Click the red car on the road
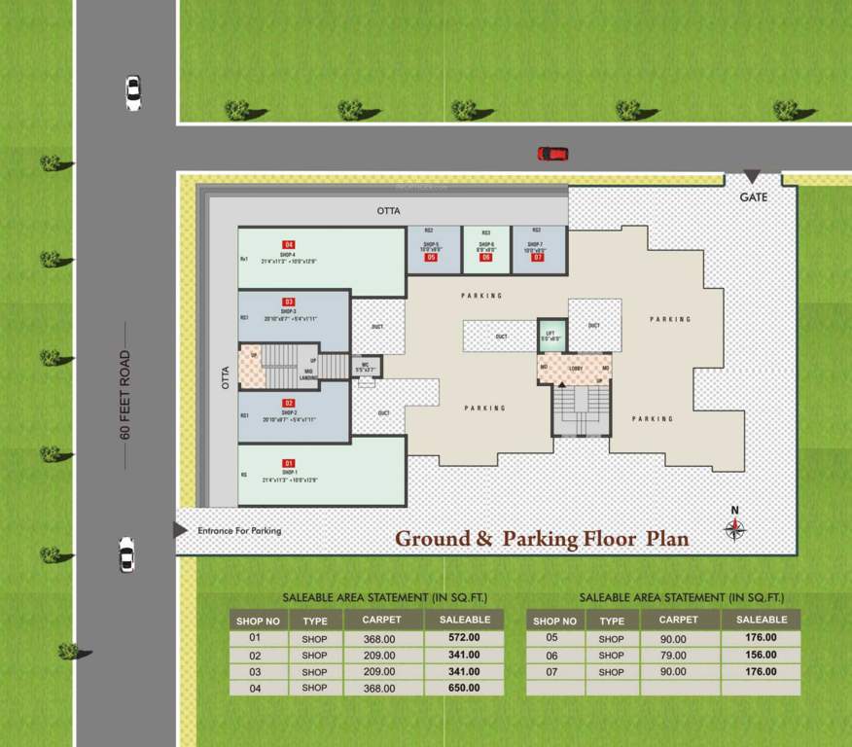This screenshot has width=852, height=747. tap(552, 154)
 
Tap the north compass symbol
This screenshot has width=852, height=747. tap(735, 527)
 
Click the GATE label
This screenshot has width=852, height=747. tap(753, 197)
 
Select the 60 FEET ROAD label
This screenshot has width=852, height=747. tap(125, 395)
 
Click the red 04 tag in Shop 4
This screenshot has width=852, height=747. tap(288, 244)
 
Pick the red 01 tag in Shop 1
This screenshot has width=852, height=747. tap(288, 463)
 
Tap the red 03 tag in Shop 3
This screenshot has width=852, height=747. tap(288, 302)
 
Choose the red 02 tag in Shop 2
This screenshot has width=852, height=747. tap(288, 403)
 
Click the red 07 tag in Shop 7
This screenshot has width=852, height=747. tap(536, 257)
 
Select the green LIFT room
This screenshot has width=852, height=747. tap(551, 336)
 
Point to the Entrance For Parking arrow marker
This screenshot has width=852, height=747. tap(181, 530)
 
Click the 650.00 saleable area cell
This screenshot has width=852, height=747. tap(464, 688)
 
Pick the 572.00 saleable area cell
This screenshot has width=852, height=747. tap(464, 638)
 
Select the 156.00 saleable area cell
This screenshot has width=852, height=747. tap(762, 655)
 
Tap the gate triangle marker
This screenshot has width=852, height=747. tap(752, 177)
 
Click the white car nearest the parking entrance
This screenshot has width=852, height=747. tap(126, 553)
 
